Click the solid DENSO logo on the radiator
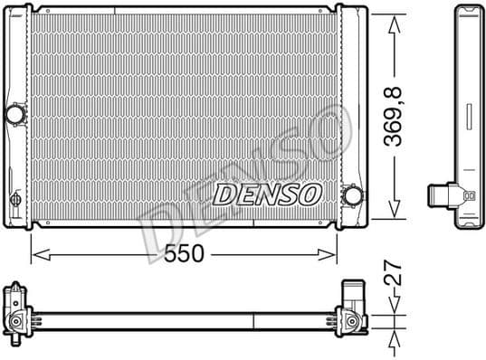pyautogui.click(x=267, y=194)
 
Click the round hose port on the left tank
pyautogui.click(x=15, y=115)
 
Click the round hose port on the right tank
pyautogui.click(x=353, y=195)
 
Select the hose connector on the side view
pyautogui.click(x=443, y=194)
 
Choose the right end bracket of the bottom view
pyautogui.click(x=352, y=310)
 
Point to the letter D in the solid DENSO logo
pyautogui.click(x=223, y=194)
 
